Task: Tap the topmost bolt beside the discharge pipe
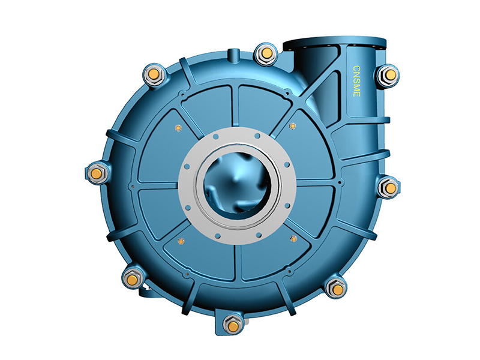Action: click(264, 55)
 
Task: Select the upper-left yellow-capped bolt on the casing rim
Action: click(154, 74)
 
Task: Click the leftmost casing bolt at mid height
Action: click(96, 173)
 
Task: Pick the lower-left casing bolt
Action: click(133, 278)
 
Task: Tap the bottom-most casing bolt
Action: click(232, 325)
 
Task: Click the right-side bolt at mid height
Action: click(390, 188)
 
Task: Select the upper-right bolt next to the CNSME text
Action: click(389, 74)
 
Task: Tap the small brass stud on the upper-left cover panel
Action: click(178, 127)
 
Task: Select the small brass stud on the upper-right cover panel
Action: click(292, 126)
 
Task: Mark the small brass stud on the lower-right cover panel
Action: click(293, 239)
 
